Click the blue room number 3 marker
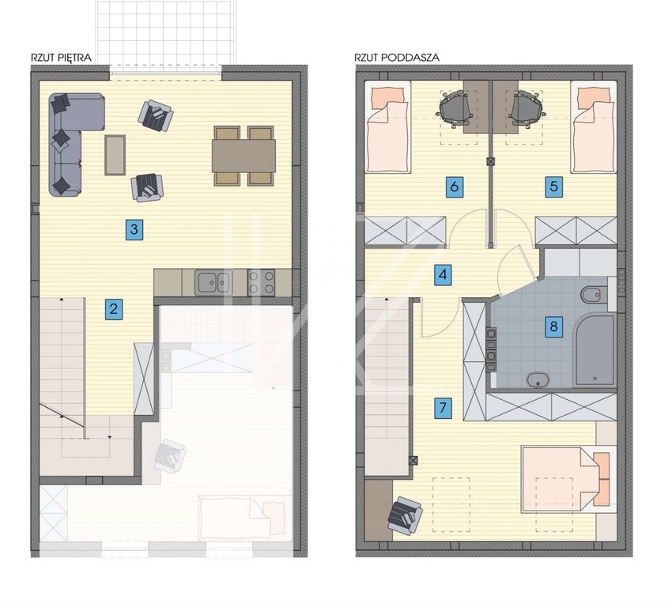click(134, 229)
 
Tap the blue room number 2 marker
click(114, 308)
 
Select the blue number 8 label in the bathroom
click(553, 326)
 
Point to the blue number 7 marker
click(443, 408)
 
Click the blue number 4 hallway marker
click(443, 275)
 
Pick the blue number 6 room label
click(454, 187)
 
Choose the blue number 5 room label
click(554, 187)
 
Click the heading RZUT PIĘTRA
click(62, 58)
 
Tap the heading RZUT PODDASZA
click(397, 57)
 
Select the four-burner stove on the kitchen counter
click(261, 282)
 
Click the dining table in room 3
click(243, 156)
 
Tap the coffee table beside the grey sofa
click(115, 155)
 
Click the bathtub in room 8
click(594, 351)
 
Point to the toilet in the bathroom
click(594, 294)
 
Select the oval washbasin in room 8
click(538, 379)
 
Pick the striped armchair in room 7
click(405, 516)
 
